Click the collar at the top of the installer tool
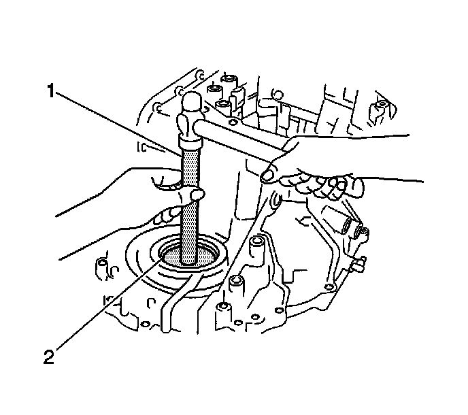tap(190, 142)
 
